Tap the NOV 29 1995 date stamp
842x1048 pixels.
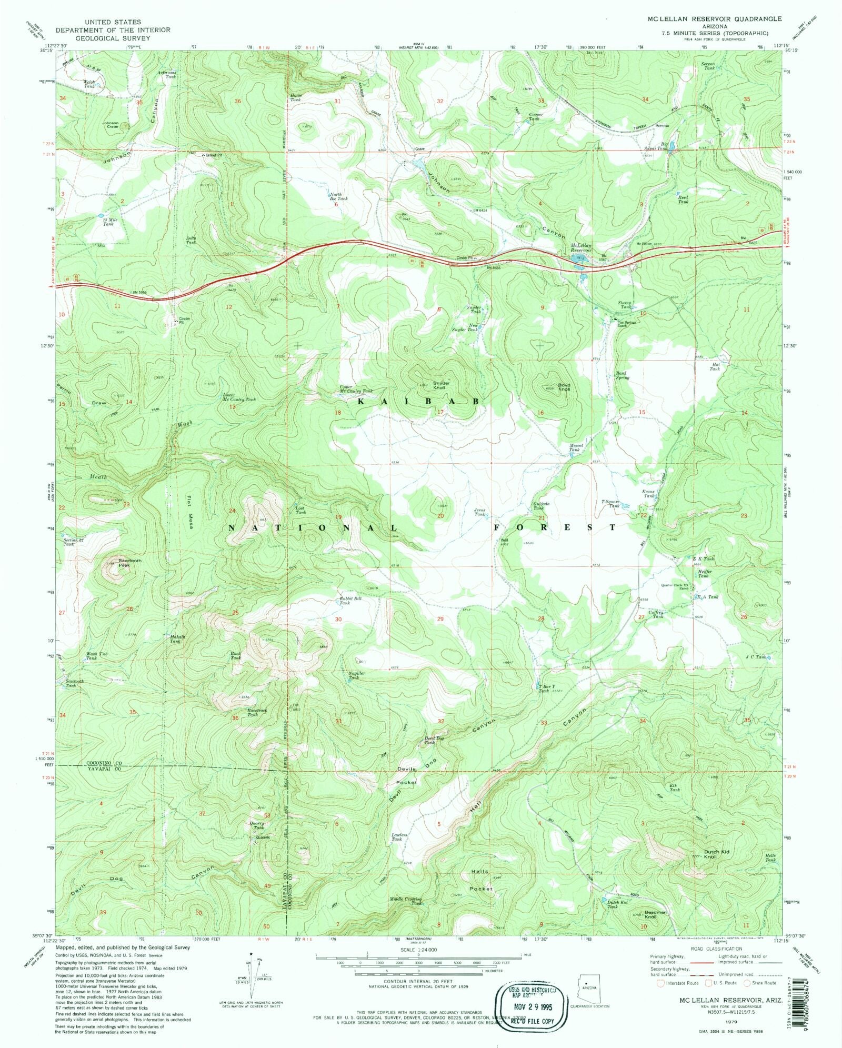click(530, 1005)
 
